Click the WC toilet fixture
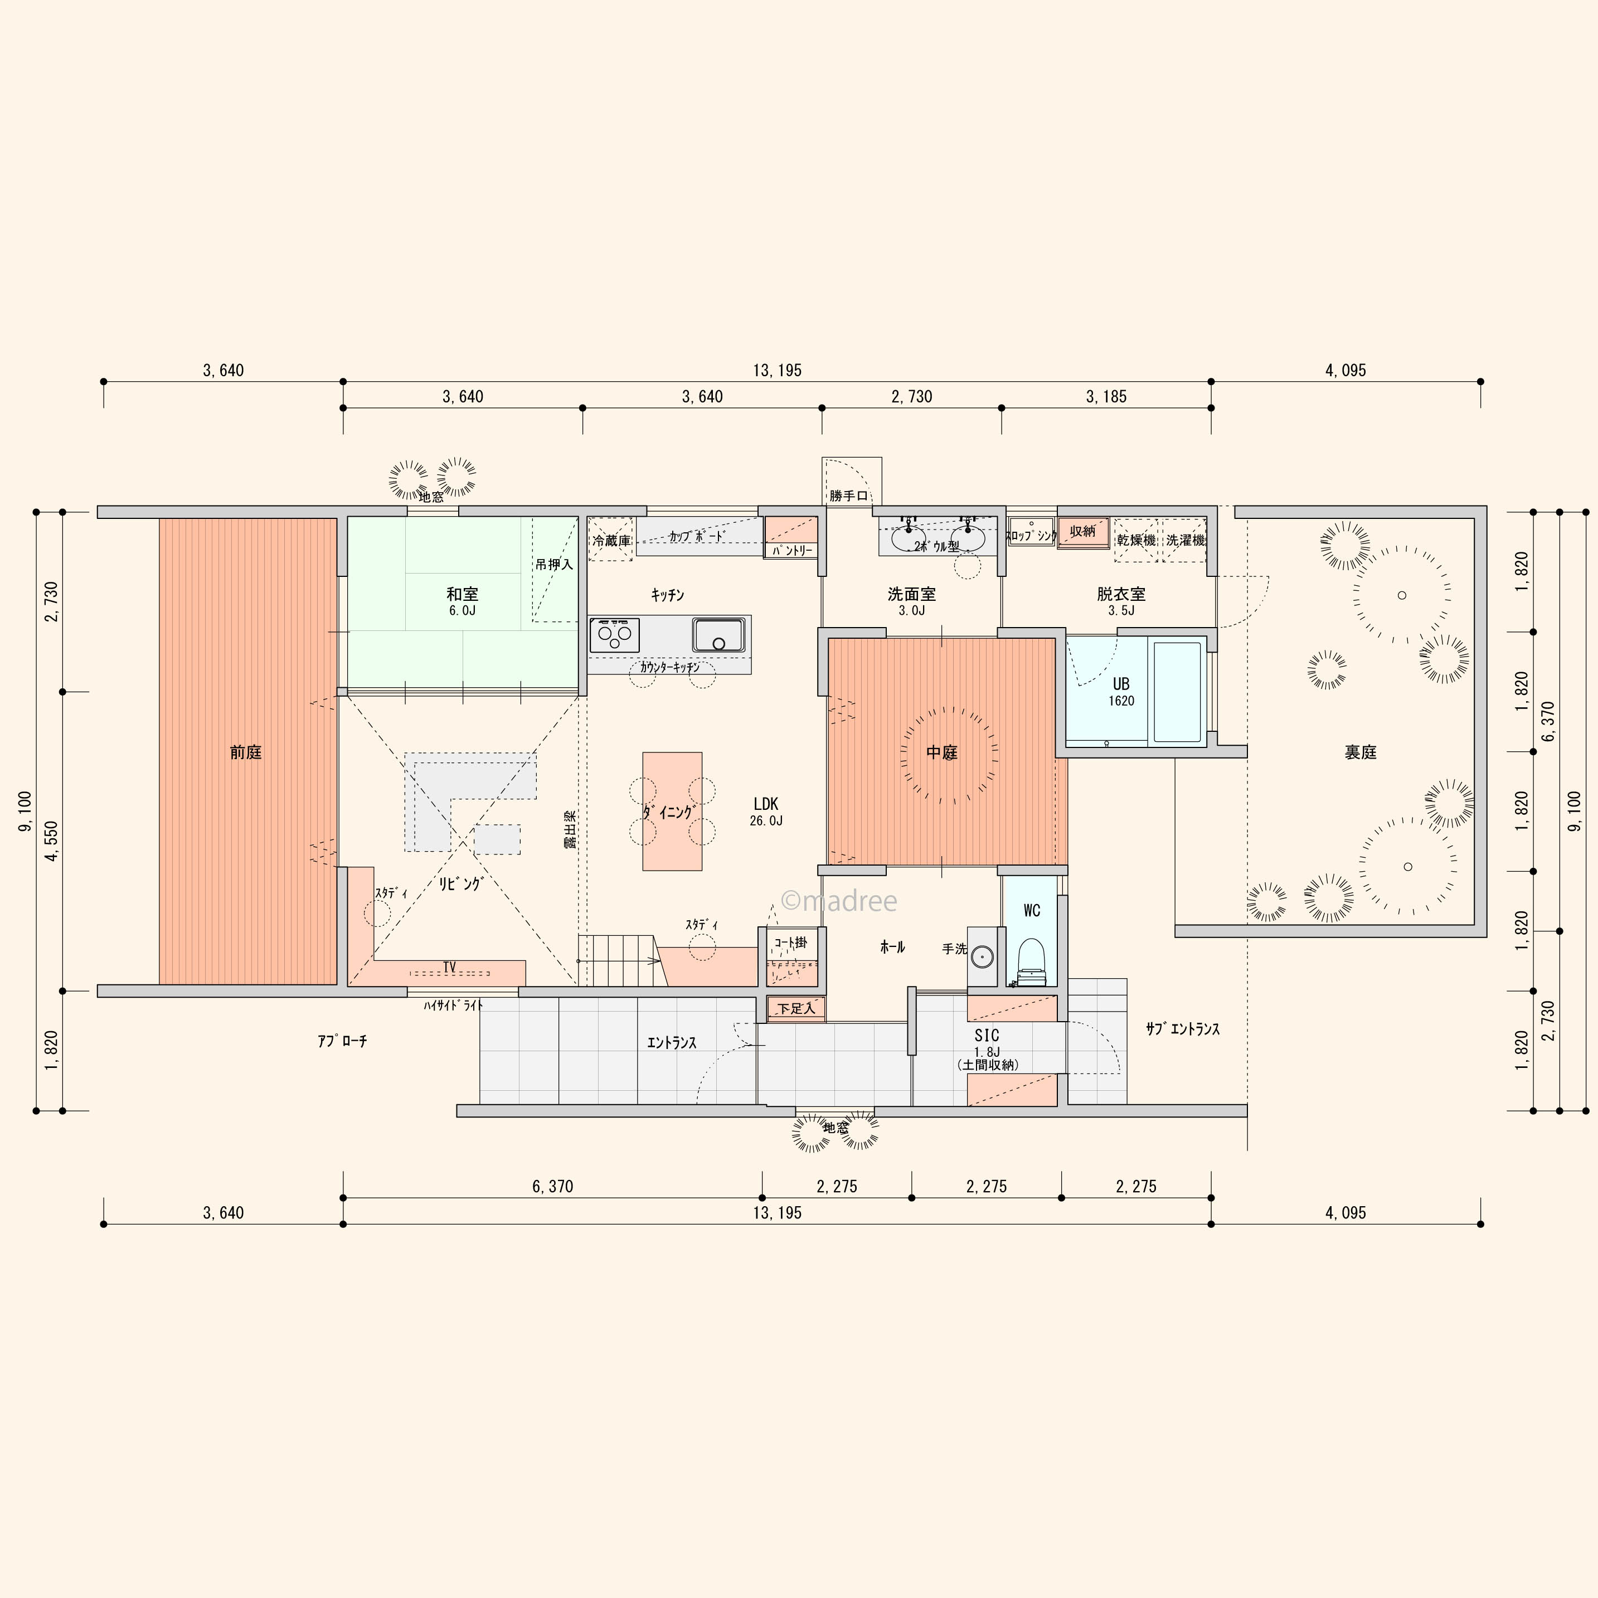1031,963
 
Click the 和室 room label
463,594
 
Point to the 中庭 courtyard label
941,752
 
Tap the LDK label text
766,803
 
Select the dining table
672,810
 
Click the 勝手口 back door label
849,496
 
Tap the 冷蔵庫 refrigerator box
611,540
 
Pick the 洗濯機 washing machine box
1186,540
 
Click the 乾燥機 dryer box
1136,540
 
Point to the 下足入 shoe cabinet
796,1008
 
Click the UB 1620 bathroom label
1121,692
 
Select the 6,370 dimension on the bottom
552,1186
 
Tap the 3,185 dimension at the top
1107,396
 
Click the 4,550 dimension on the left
51,841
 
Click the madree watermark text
839,901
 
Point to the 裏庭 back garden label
1361,752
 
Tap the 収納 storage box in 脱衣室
1082,532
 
